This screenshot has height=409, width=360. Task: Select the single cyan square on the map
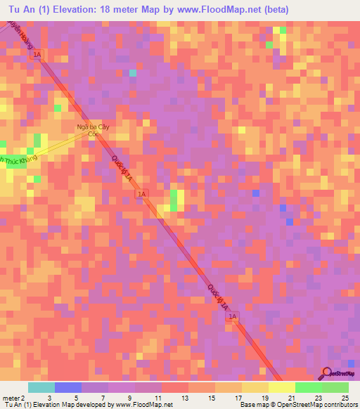point(132,72)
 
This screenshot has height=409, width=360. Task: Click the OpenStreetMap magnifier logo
point(327,373)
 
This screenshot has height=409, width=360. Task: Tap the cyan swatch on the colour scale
point(41,387)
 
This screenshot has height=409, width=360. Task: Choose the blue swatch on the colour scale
point(67,387)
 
